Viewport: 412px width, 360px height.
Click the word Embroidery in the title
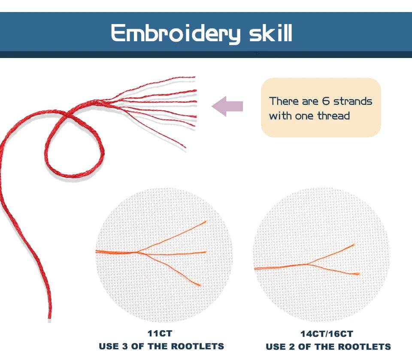click(x=176, y=33)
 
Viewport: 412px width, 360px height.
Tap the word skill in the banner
click(x=271, y=33)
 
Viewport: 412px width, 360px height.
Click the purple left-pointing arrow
click(x=227, y=106)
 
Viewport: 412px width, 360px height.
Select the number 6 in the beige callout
click(x=326, y=101)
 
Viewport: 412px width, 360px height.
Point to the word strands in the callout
click(x=353, y=101)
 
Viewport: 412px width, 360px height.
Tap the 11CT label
click(x=160, y=333)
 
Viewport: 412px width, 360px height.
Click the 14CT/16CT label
click(x=327, y=334)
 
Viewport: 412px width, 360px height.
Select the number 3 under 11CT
click(x=125, y=346)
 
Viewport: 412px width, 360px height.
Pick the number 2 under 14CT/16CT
click(x=292, y=347)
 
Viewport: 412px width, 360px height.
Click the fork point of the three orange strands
click(x=137, y=253)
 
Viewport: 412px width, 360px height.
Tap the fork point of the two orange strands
click(x=306, y=264)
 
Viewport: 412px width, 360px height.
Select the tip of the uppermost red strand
click(x=195, y=77)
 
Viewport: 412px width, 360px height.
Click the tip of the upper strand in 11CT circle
click(x=206, y=222)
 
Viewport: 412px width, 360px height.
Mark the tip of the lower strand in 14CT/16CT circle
click(x=359, y=274)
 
